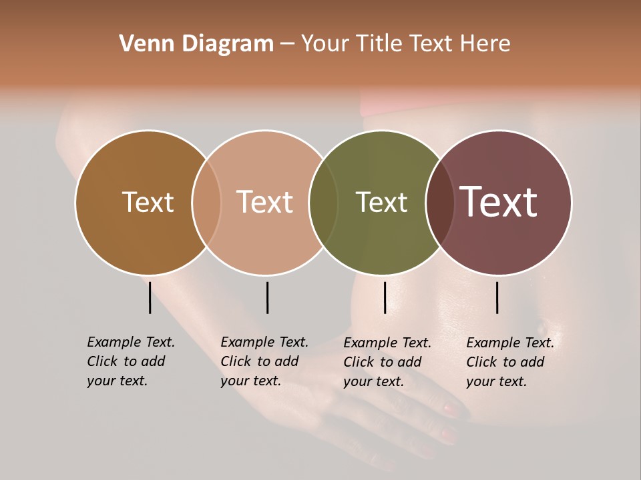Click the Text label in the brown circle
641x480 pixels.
pyautogui.click(x=148, y=202)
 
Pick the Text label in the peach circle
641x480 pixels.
pyautogui.click(x=264, y=202)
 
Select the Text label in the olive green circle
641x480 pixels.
pyautogui.click(x=381, y=202)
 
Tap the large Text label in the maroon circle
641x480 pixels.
pyautogui.click(x=498, y=202)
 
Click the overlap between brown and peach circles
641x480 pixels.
pyautogui.click(x=206, y=202)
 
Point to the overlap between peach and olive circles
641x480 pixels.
pyautogui.click(x=323, y=202)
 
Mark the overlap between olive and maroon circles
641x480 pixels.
pyautogui.click(x=440, y=202)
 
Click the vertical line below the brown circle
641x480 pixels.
pyautogui.click(x=150, y=297)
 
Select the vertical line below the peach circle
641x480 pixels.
pyautogui.click(x=267, y=297)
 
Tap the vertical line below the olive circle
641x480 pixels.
pyautogui.click(x=385, y=297)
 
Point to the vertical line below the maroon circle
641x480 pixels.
pyautogui.click(x=497, y=297)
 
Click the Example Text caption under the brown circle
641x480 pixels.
pyautogui.click(x=131, y=361)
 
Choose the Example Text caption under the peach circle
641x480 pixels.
pyautogui.click(x=264, y=361)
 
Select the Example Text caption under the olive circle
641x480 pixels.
pyautogui.click(x=387, y=362)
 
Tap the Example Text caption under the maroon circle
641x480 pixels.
pyautogui.click(x=510, y=362)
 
